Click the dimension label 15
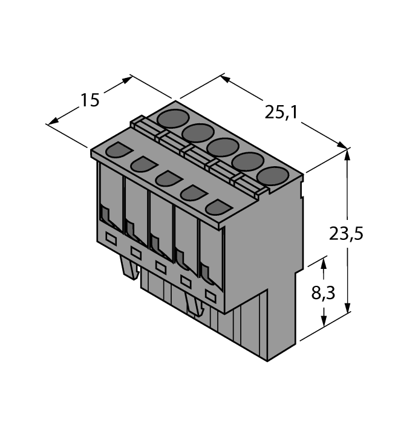pyautogui.click(x=90, y=100)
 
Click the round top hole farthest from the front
pyautogui.click(x=171, y=117)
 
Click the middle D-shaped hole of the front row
pyautogui.click(x=166, y=178)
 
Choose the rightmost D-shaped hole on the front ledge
pyautogui.click(x=216, y=207)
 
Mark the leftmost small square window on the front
pyautogui.click(x=111, y=238)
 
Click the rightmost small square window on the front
pyautogui.click(x=211, y=297)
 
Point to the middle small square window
pyautogui.click(x=161, y=266)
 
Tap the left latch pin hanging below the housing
pyautogui.click(x=129, y=267)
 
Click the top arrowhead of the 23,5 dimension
pyautogui.click(x=347, y=153)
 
